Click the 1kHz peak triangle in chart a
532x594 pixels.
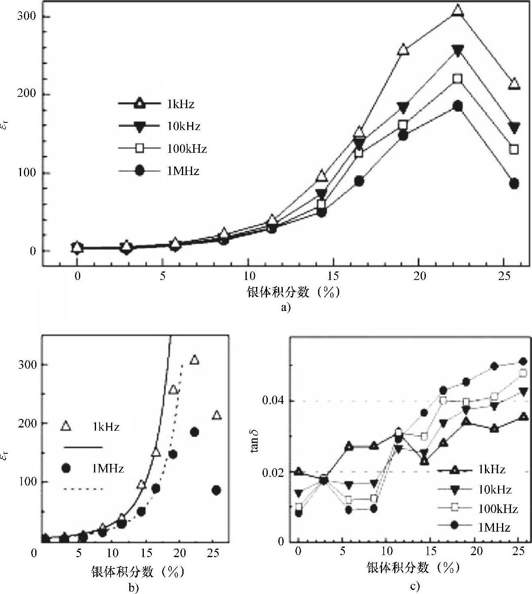[x=457, y=10]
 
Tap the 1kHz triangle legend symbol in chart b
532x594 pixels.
[x=66, y=426]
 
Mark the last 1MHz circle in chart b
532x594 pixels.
[x=216, y=490]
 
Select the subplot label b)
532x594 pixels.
[x=134, y=588]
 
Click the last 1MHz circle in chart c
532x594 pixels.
[x=523, y=361]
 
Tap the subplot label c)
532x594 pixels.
[x=415, y=586]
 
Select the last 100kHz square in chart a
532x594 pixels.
[x=514, y=149]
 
